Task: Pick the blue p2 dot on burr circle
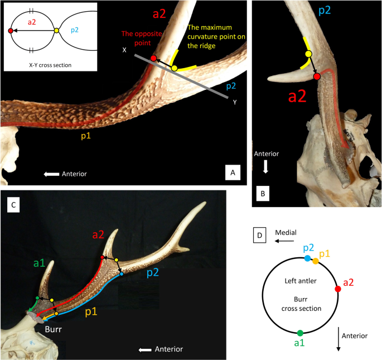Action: pos(307,258)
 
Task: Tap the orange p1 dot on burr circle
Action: pos(316,261)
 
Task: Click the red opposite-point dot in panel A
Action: pos(154,57)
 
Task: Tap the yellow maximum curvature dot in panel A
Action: pos(174,68)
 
